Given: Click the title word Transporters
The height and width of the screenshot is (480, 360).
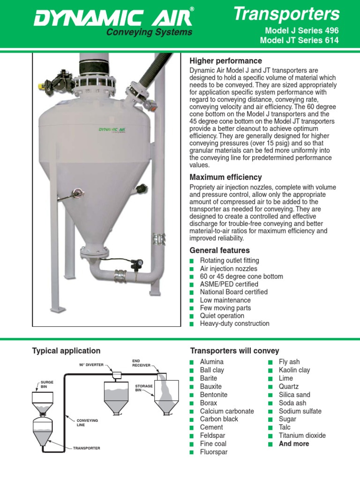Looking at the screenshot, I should tap(286, 15).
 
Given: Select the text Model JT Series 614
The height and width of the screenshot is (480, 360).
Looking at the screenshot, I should tap(299, 40).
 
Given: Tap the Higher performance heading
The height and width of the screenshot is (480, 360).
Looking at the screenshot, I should tap(225, 61).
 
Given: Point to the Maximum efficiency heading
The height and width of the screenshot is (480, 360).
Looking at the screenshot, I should tap(225, 177).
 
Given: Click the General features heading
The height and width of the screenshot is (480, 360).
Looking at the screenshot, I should tap(219, 250).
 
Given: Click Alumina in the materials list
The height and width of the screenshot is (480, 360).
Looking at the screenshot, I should tap(212, 362).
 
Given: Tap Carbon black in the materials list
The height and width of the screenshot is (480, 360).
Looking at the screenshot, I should tap(219, 419).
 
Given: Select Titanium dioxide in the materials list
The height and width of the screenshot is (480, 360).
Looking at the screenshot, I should tap(302, 435).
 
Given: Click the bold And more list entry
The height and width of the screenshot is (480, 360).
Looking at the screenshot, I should tap(294, 443).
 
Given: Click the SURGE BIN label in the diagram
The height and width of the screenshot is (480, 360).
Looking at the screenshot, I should tap(47, 384).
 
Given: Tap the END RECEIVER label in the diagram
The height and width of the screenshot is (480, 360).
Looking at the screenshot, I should tap(141, 362).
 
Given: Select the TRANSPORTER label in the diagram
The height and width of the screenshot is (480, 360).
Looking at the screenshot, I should tap(86, 448).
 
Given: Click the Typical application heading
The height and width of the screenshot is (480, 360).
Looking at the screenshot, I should tap(66, 351).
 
